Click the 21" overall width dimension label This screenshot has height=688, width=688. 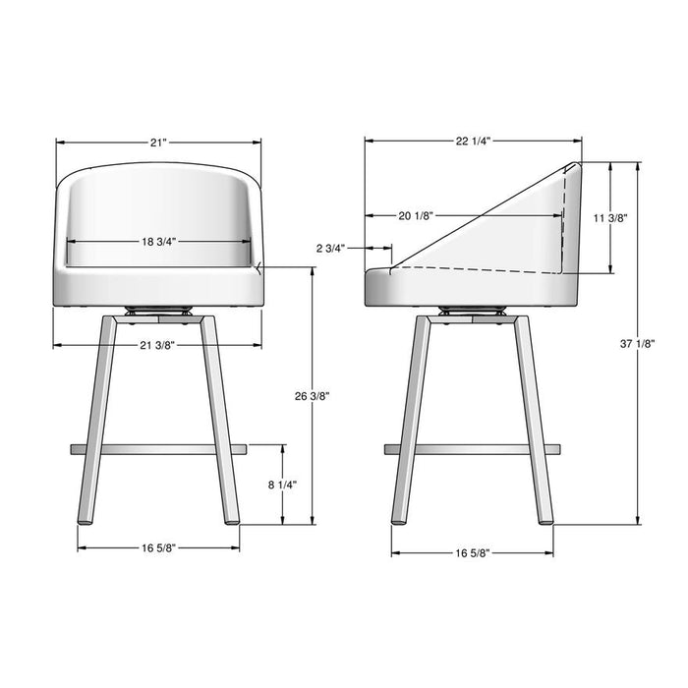158,143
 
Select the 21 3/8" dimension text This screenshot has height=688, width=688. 157,344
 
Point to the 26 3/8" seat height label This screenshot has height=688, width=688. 312,396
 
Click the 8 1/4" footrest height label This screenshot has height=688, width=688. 282,485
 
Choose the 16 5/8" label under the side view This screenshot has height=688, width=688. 473,553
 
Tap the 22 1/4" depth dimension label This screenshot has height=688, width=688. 473,142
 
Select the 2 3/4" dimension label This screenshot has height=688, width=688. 331,249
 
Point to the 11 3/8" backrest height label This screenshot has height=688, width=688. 611,218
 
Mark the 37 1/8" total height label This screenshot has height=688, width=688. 639,343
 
